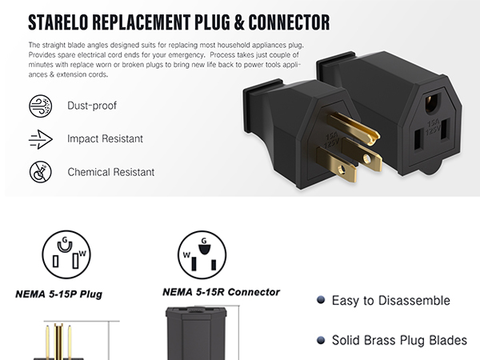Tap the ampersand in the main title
click(x=239, y=22)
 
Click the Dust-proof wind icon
click(x=41, y=106)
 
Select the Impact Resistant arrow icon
click(x=41, y=139)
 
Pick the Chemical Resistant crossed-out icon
click(x=41, y=172)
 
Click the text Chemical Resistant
click(x=111, y=172)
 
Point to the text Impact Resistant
click(x=105, y=138)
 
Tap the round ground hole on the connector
click(x=432, y=102)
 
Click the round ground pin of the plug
click(x=353, y=129)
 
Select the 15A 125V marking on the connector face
click(x=433, y=127)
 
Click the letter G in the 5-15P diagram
click(x=65, y=239)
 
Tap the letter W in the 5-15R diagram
click(x=186, y=254)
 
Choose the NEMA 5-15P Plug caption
click(x=58, y=294)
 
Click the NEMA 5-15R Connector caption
click(x=221, y=292)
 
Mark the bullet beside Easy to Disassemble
click(x=321, y=300)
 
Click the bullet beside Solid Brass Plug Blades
click(x=321, y=340)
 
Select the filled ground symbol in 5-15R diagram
click(x=204, y=250)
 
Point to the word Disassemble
click(x=414, y=301)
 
